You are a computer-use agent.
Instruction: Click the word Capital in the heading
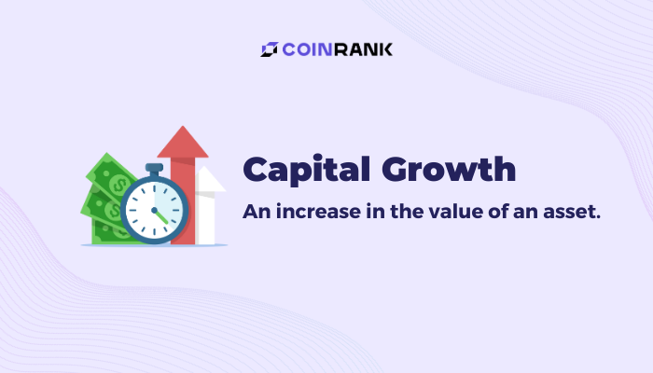(x=307, y=170)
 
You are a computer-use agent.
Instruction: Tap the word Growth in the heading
(x=449, y=169)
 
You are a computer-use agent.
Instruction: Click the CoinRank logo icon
(x=269, y=49)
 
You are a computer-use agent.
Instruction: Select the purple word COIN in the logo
(x=307, y=49)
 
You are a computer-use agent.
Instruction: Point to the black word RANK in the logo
(x=363, y=49)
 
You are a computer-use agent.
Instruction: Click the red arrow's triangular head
(x=183, y=142)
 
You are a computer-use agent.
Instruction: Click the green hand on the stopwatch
(x=161, y=217)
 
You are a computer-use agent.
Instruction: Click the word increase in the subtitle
(x=319, y=212)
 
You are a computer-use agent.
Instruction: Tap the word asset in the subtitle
(x=567, y=213)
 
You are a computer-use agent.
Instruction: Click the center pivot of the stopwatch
(x=154, y=210)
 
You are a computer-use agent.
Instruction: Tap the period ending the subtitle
(x=598, y=217)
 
